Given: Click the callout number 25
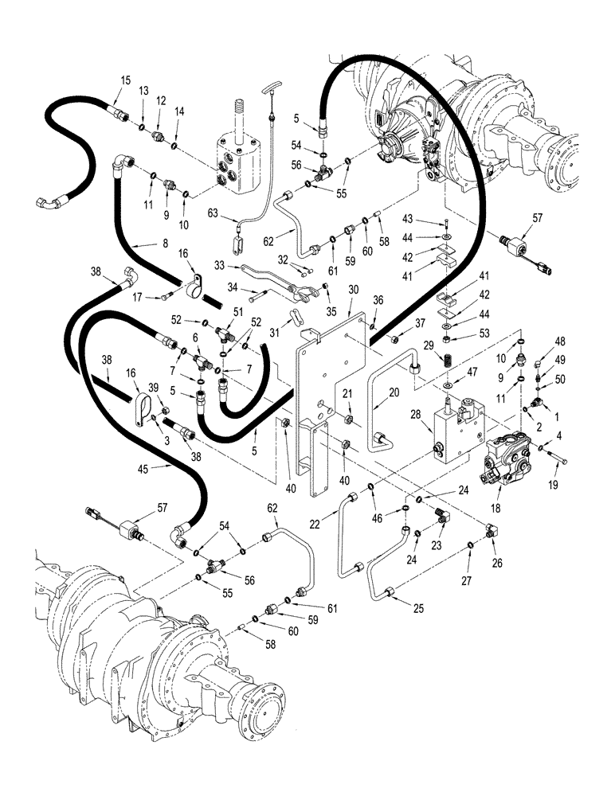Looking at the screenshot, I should coord(418,609).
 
